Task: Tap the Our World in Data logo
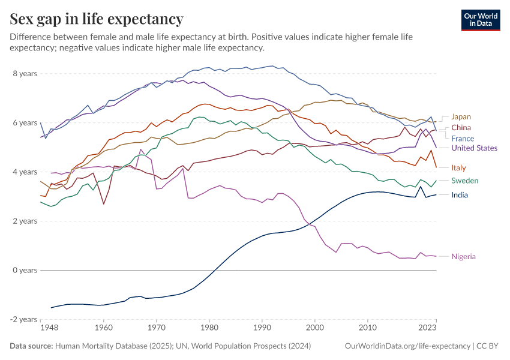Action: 480,20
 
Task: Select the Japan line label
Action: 461,116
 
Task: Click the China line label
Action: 461,127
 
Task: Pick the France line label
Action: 463,139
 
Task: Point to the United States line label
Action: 474,148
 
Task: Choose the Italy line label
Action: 458,167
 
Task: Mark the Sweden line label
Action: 464,181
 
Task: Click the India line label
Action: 460,195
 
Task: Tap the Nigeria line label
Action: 463,256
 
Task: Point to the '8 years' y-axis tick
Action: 25,74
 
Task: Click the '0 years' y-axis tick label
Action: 25,270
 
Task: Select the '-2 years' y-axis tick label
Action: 24,319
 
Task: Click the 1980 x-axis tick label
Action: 209,329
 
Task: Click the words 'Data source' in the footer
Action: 31,346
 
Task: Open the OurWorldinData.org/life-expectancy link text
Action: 407,346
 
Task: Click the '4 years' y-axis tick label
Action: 25,172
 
